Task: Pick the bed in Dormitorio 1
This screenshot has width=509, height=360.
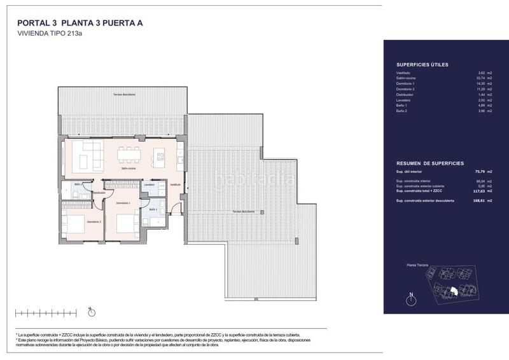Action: pyautogui.click(x=129, y=226)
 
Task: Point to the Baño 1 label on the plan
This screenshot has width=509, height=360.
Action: pyautogui.click(x=153, y=209)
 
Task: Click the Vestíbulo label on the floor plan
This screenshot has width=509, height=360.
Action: pyautogui.click(x=175, y=184)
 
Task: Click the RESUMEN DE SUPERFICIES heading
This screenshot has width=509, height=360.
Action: pyautogui.click(x=429, y=163)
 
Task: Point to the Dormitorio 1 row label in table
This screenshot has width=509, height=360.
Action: pyautogui.click(x=405, y=83)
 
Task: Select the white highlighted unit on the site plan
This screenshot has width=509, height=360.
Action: pyautogui.click(x=454, y=291)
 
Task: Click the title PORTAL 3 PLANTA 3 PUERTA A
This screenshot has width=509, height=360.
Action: pyautogui.click(x=80, y=24)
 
